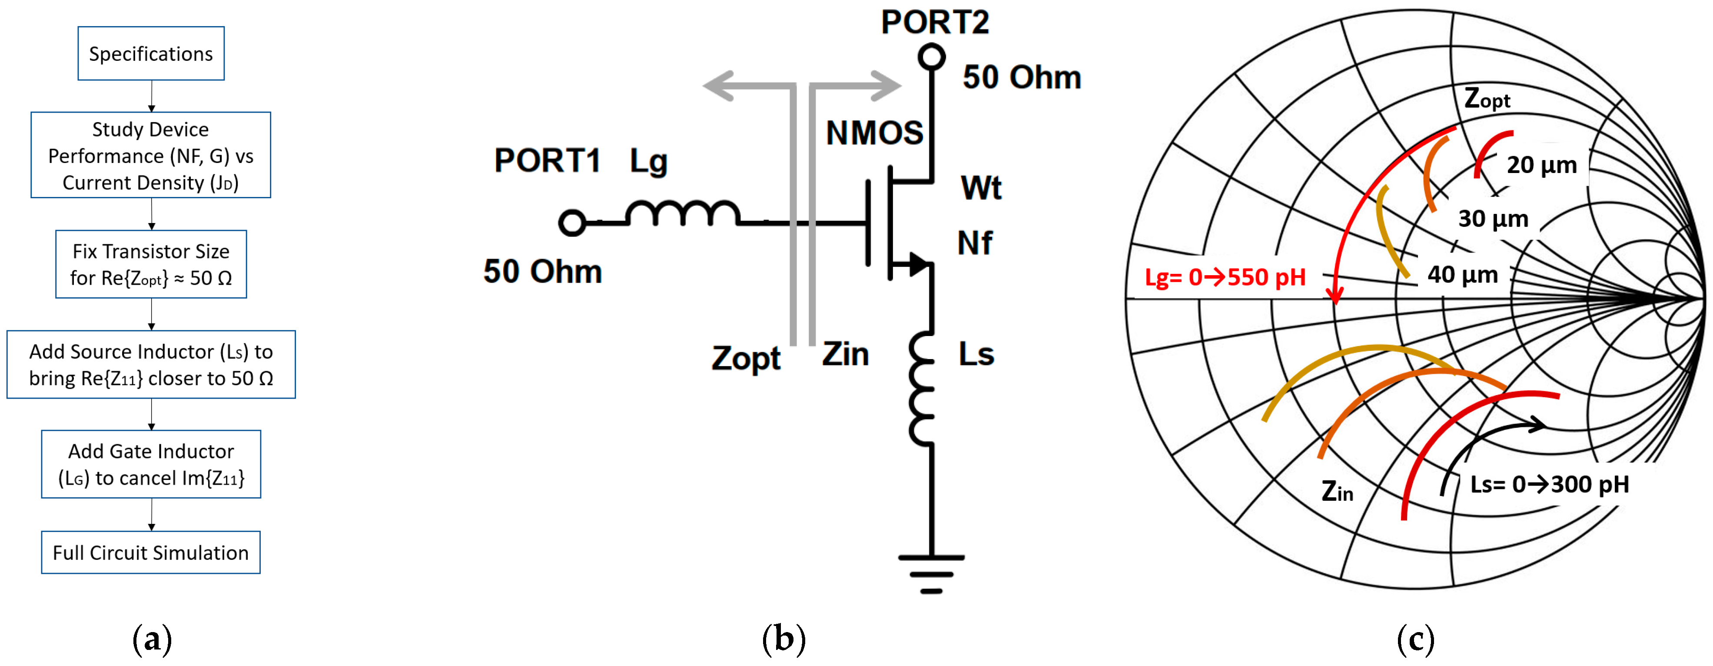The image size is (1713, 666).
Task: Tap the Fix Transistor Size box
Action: (x=151, y=264)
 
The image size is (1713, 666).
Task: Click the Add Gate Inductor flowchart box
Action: (x=151, y=464)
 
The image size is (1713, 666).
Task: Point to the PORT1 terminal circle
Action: (x=572, y=223)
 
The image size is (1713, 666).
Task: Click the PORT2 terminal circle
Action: (x=932, y=57)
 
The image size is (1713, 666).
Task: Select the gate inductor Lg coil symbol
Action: (x=682, y=214)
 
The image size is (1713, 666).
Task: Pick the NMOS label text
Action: (x=874, y=133)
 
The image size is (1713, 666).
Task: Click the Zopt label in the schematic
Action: (x=746, y=358)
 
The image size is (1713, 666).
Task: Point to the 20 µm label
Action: (x=1541, y=165)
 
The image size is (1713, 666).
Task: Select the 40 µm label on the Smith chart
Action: (x=1462, y=274)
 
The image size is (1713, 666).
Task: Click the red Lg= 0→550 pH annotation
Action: (x=1225, y=277)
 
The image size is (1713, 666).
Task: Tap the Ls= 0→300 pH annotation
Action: (x=1550, y=484)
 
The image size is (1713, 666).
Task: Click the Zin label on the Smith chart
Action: (x=1337, y=491)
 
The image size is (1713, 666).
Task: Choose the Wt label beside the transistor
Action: (x=981, y=188)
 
